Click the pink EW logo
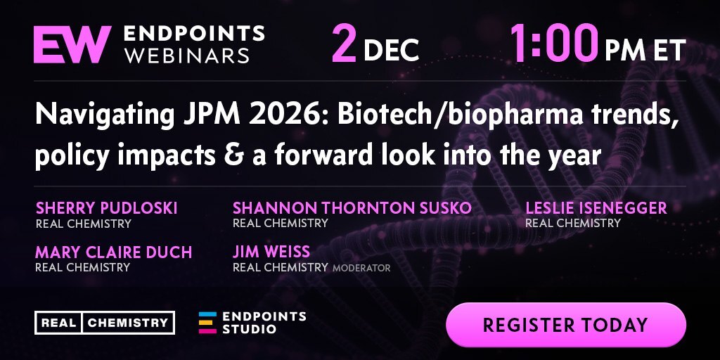click(72, 44)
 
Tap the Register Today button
click(566, 325)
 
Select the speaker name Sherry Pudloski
click(107, 208)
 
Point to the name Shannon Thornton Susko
click(352, 208)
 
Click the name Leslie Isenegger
click(596, 208)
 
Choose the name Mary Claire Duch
click(113, 252)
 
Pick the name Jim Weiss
click(271, 252)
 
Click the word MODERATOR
click(361, 268)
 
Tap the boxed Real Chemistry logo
click(105, 322)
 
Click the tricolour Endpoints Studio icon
click(207, 323)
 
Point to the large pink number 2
click(345, 44)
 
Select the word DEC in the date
click(391, 50)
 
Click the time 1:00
click(553, 44)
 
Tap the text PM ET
click(645, 50)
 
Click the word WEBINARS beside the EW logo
click(187, 56)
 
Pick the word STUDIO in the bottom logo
click(250, 329)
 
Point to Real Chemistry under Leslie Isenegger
click(572, 224)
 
